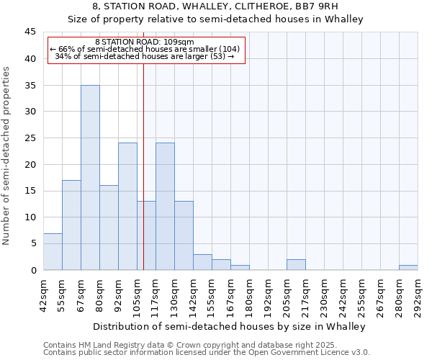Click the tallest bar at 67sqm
coord(90,177)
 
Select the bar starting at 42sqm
coord(53,251)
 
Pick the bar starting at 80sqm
coord(109,228)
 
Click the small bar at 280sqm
coord(408,267)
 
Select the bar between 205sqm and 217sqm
coord(296,264)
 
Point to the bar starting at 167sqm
coord(240,267)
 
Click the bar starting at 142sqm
coord(202,262)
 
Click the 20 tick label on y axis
coord(30,165)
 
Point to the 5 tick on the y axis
coord(33,244)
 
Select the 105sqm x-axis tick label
coord(137,296)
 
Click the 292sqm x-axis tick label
coord(418,296)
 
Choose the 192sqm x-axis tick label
coord(268,296)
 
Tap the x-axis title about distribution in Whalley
coord(229,326)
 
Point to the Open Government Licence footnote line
coord(207,353)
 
